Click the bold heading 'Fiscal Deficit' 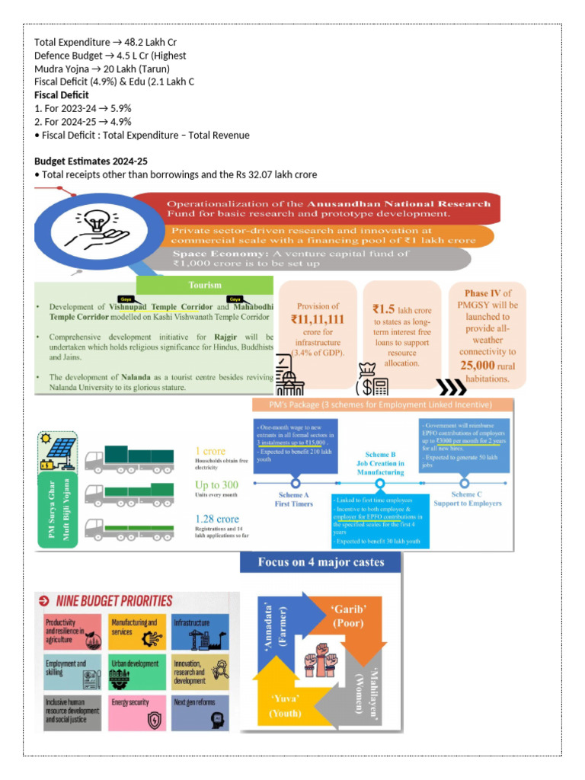click(62, 95)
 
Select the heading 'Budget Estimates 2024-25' click(91, 161)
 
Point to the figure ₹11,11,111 click(317, 320)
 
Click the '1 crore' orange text click(210, 451)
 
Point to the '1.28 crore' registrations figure click(217, 519)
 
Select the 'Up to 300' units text click(216, 484)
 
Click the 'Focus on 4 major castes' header click(321, 563)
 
